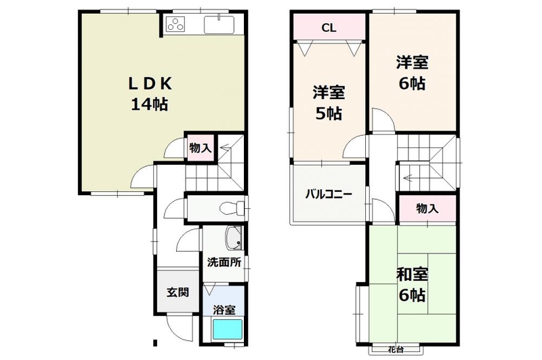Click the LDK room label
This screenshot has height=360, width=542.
click(150, 94)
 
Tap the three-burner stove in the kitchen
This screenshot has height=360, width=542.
click(175, 24)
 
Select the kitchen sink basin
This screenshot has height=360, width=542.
click(219, 24)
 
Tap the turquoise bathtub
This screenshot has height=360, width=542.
click(227, 329)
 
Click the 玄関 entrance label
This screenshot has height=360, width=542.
click(178, 292)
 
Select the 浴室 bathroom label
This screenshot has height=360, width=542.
click(224, 311)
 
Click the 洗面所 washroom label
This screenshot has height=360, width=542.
click(224, 262)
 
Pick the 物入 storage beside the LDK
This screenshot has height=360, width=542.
click(200, 148)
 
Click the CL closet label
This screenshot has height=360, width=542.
click(329, 28)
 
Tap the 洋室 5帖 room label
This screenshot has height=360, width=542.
click(329, 102)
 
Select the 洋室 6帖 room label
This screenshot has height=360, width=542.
click(412, 73)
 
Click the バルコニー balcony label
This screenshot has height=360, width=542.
click(329, 194)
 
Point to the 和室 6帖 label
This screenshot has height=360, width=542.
click(412, 284)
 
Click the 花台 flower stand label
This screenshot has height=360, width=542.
click(396, 349)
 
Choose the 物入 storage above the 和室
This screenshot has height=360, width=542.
click(428, 209)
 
